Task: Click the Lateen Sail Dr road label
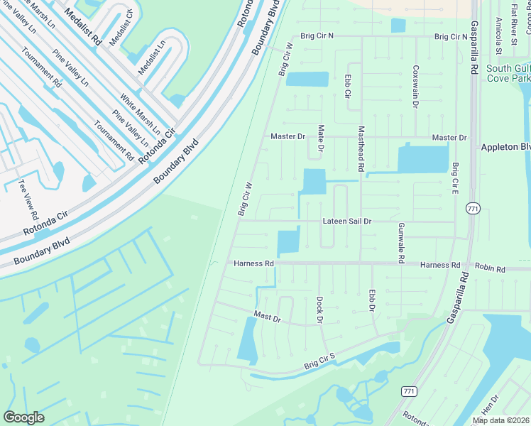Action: [347, 222]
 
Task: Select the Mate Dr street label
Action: [320, 138]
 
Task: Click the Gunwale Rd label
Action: [401, 242]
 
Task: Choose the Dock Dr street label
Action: [320, 310]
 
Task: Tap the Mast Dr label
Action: [268, 316]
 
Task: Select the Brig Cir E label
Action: [455, 179]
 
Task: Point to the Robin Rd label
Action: [490, 270]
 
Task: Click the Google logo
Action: [24, 417]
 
